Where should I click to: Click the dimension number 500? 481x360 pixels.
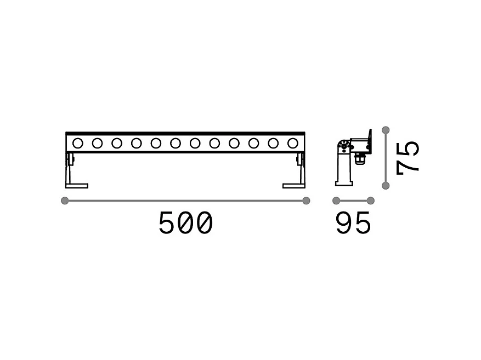[x=185, y=224]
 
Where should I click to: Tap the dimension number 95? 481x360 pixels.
[x=353, y=224]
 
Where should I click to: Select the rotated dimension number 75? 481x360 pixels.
[x=408, y=157]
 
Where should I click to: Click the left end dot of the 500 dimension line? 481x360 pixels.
[x=65, y=201]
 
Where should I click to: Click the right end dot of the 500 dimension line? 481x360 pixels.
[x=306, y=201]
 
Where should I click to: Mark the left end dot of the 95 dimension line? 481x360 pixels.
[x=336, y=201]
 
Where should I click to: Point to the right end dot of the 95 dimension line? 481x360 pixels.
[x=371, y=201]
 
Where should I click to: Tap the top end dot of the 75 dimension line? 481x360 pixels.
[x=386, y=130]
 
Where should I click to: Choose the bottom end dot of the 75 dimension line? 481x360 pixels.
[x=386, y=186]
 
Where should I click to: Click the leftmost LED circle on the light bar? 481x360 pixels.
[x=78, y=143]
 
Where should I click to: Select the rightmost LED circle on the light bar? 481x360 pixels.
[x=292, y=143]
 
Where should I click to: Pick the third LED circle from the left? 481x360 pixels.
[x=117, y=143]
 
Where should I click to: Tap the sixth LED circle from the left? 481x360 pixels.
[x=176, y=143]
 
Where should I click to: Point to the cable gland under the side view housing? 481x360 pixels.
[x=360, y=159]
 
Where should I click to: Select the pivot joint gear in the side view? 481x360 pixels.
[x=344, y=146]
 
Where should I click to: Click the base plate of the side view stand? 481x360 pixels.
[x=343, y=183]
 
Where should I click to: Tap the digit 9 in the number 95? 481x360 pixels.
[x=344, y=224]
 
